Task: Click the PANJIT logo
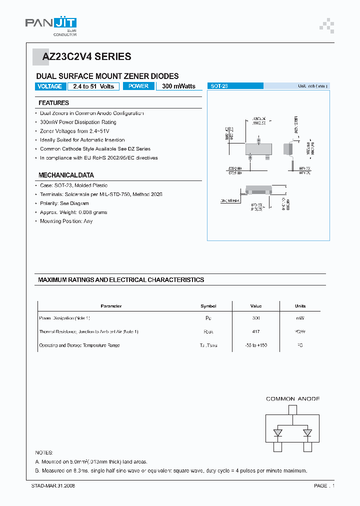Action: point(51,25)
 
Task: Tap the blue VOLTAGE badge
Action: point(50,86)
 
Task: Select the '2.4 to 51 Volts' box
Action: point(93,86)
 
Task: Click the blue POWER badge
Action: point(138,86)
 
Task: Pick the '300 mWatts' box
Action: point(178,86)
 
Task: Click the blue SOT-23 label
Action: point(234,86)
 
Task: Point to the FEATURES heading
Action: point(53,103)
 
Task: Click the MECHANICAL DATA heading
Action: point(66,175)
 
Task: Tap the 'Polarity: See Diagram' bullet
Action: point(64,203)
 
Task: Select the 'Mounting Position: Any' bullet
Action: point(66,221)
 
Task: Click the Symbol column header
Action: point(208,306)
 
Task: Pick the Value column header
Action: point(256,306)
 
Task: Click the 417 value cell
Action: point(256,331)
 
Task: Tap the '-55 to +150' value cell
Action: point(256,345)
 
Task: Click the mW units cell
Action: point(300,318)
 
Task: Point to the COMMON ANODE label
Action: point(292,399)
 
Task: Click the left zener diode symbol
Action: point(276,432)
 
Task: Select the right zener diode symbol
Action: point(307,432)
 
